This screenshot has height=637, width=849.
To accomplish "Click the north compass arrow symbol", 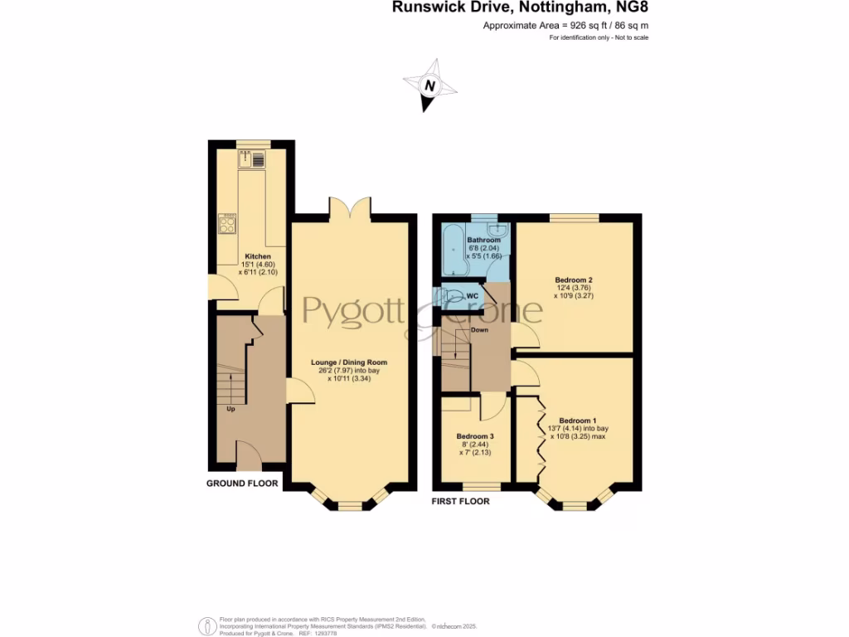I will pyautogui.click(x=429, y=85).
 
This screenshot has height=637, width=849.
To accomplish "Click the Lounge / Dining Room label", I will pyautogui.click(x=349, y=362).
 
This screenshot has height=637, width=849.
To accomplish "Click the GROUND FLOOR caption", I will pyautogui.click(x=242, y=483).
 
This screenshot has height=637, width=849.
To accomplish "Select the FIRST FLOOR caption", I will pyautogui.click(x=460, y=501).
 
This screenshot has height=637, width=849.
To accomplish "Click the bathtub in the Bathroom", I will pyautogui.click(x=453, y=252).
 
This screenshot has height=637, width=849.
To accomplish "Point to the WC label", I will pyautogui.click(x=472, y=294).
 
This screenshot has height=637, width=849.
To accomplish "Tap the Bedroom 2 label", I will pyautogui.click(x=574, y=280).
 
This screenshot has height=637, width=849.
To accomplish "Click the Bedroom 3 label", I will pyautogui.click(x=476, y=436).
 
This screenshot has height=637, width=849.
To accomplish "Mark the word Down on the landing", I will pyautogui.click(x=479, y=329).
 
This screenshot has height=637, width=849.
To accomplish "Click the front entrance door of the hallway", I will pyautogui.click(x=249, y=455).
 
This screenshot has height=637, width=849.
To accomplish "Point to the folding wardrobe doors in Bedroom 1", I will pyautogui.click(x=540, y=435).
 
